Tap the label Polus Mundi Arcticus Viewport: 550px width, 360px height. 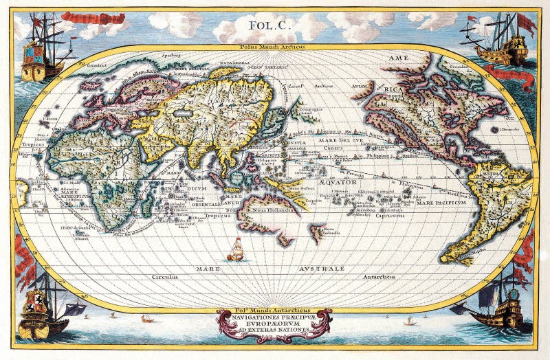pyautogui.click(x=274, y=47)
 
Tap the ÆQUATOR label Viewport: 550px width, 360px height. pyautogui.click(x=337, y=182)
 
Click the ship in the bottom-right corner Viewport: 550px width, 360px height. pyautogui.click(x=502, y=302)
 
